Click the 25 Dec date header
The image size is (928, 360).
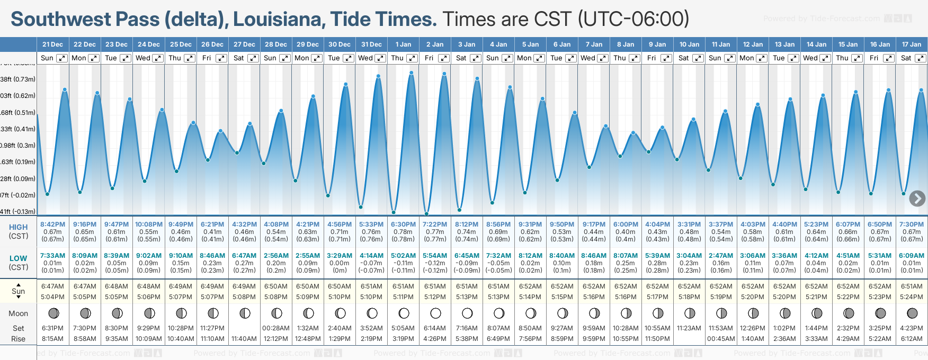(x=181, y=44)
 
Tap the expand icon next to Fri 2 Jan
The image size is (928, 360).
(x=444, y=58)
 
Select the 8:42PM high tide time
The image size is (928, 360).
(x=53, y=224)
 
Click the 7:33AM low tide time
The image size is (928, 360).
(x=53, y=256)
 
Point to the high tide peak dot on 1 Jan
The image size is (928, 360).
(x=412, y=73)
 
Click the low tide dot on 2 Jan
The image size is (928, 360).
(x=426, y=214)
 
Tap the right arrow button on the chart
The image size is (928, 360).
(x=917, y=199)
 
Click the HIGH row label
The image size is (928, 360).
(x=19, y=227)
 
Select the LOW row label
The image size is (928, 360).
(x=19, y=258)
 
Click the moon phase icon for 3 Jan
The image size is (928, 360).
(x=467, y=313)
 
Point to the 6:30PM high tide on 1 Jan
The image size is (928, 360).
(x=403, y=224)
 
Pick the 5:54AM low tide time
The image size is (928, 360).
(x=435, y=256)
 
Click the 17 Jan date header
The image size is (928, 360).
(x=912, y=44)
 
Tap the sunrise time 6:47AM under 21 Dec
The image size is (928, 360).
(x=53, y=286)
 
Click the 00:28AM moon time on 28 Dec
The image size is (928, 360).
(x=276, y=328)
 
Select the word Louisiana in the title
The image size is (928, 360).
(x=279, y=20)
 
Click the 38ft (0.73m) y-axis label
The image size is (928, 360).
(x=18, y=79)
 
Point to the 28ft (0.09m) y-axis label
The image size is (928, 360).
(x=18, y=179)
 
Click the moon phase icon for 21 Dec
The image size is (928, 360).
(x=53, y=313)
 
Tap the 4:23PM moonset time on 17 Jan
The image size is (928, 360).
(x=912, y=328)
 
